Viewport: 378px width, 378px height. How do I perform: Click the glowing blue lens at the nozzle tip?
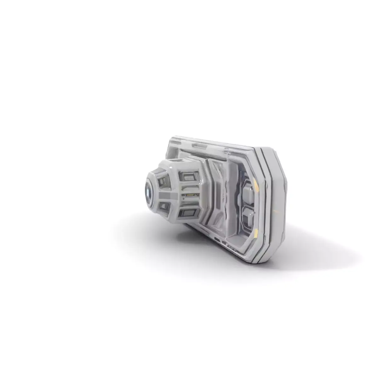coord(148,192)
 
